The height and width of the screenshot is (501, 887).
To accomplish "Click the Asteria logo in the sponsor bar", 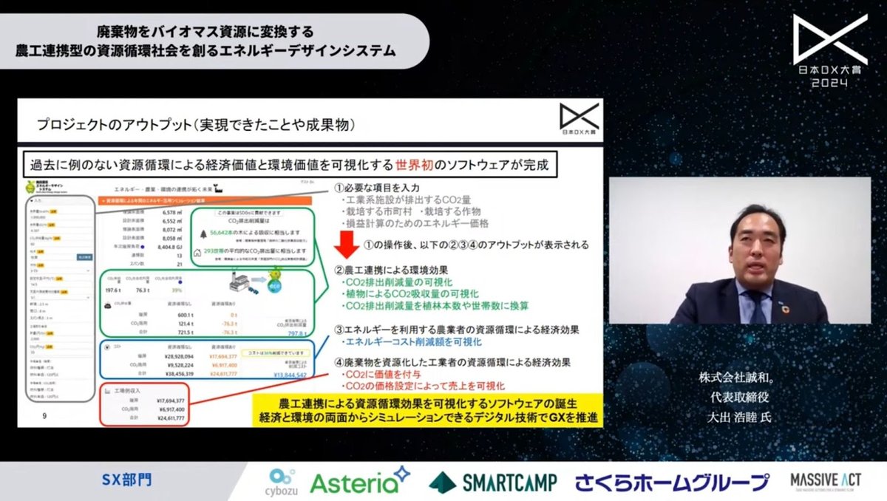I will (359, 481).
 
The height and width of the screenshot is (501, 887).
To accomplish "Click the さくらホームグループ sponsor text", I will (673, 482).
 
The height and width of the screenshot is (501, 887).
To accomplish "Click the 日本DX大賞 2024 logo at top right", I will (829, 51).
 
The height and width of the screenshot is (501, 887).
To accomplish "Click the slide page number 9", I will (46, 417).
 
